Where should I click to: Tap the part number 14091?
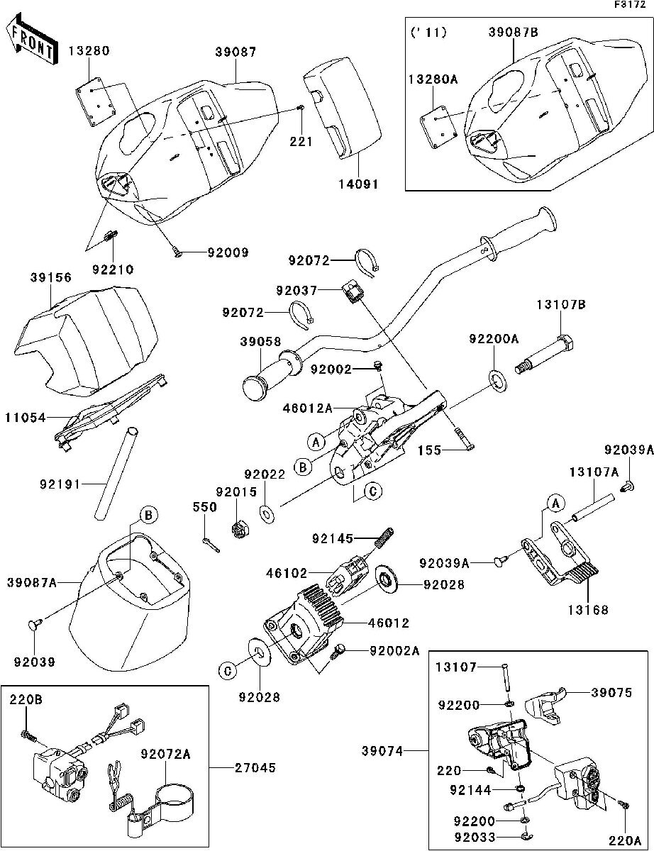coord(358,184)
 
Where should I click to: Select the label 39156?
coord(50,278)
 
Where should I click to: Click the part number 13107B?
coord(560,306)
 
